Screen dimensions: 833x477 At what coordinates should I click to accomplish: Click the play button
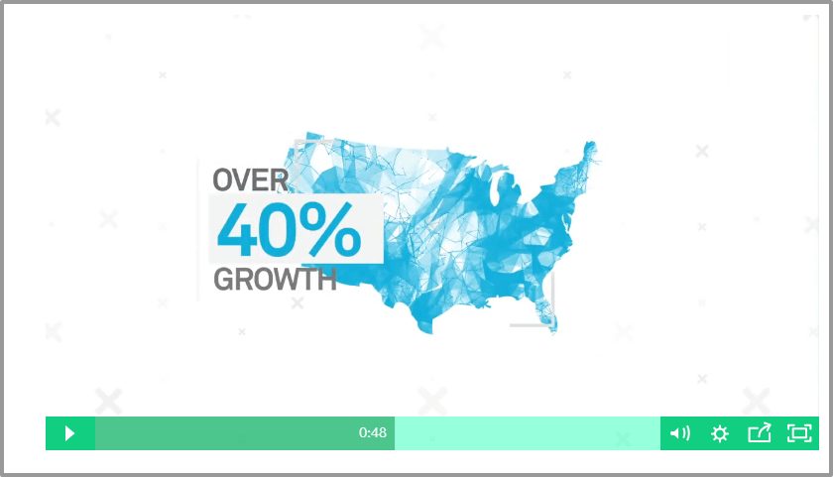pyautogui.click(x=69, y=433)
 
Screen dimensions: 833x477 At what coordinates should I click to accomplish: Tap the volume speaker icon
pyautogui.click(x=680, y=433)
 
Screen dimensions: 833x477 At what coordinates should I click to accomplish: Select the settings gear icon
pyautogui.click(x=720, y=434)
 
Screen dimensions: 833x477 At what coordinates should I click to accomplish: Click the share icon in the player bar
pyautogui.click(x=760, y=432)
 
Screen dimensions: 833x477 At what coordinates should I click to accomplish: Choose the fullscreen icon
pyautogui.click(x=799, y=433)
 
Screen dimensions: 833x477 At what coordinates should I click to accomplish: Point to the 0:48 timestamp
pyautogui.click(x=373, y=432)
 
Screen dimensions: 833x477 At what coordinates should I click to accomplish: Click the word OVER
pyautogui.click(x=250, y=180)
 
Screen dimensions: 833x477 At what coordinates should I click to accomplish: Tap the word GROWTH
pyautogui.click(x=276, y=280)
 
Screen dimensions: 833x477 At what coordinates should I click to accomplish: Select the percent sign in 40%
pyautogui.click(x=332, y=229)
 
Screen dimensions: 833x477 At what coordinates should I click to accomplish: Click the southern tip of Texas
pyautogui.click(x=426, y=329)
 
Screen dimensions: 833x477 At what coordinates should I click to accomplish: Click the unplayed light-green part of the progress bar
pyautogui.click(x=528, y=433)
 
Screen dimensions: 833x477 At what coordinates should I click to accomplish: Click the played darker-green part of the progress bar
pyautogui.click(x=245, y=433)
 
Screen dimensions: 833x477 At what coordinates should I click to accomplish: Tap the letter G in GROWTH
pyautogui.click(x=224, y=280)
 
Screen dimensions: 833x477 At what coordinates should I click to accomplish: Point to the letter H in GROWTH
pyautogui.click(x=327, y=280)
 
